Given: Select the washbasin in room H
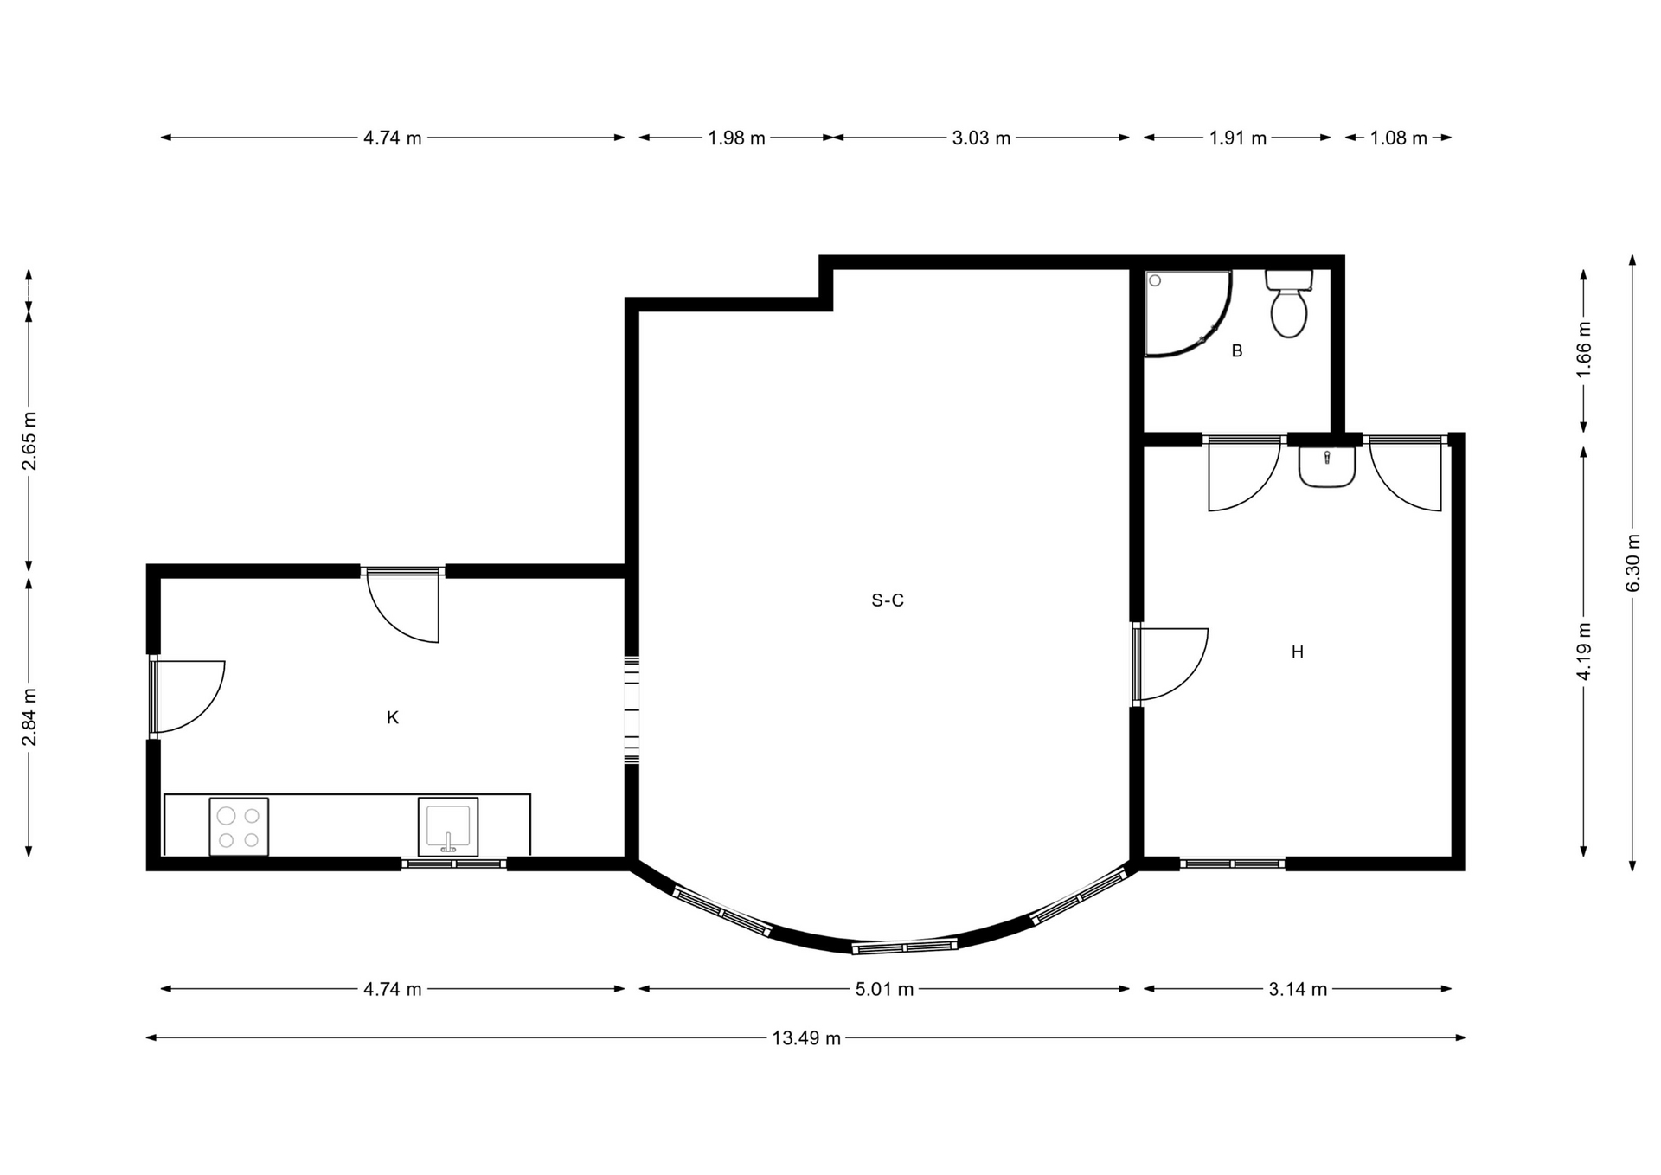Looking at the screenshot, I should [x=1327, y=467].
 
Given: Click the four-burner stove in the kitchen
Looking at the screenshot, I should [x=239, y=827].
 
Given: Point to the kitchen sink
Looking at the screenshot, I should [x=448, y=826].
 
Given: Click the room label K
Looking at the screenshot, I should [x=393, y=717].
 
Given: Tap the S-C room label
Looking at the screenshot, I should [x=888, y=600].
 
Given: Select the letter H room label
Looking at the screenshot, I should [x=1297, y=652].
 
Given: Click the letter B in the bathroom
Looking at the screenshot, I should [x=1237, y=351].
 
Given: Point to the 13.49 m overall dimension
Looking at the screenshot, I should [x=806, y=1038].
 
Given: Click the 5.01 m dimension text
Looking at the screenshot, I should [x=884, y=989].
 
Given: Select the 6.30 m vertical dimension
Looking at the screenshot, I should [x=1633, y=562].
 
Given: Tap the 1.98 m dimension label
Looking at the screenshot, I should [x=736, y=138].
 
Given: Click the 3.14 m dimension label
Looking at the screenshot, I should [x=1298, y=989].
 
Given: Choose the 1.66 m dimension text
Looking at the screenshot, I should [x=1584, y=349].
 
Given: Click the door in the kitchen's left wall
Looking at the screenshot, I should [x=186, y=697].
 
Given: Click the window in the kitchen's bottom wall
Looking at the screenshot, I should [x=454, y=864].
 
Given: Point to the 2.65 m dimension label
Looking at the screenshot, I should [x=29, y=441].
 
